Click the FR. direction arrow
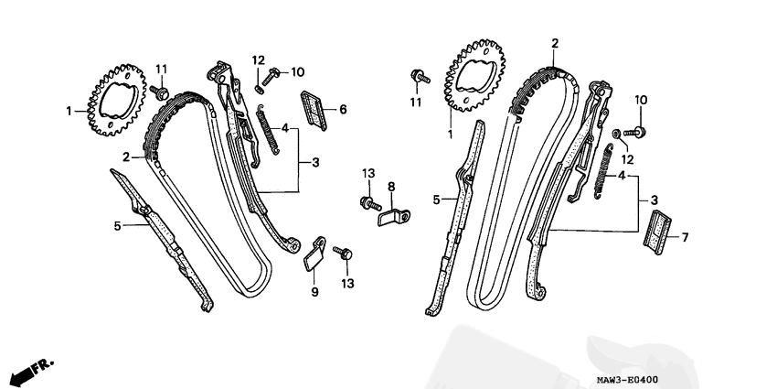(x=32, y=370)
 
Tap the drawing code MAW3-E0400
(x=627, y=380)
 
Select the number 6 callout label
(x=343, y=109)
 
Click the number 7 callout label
(x=685, y=238)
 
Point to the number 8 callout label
(x=391, y=187)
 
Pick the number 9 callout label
(x=314, y=292)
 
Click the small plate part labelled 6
(x=314, y=111)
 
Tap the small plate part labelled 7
(x=657, y=232)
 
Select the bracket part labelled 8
(x=394, y=217)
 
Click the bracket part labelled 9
(x=314, y=254)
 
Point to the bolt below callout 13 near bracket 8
(x=370, y=203)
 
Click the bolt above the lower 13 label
(x=343, y=253)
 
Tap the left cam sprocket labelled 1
(x=117, y=99)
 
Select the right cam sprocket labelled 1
(x=474, y=75)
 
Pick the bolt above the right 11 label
(x=420, y=77)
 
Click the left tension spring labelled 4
(x=268, y=129)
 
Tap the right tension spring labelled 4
(x=602, y=172)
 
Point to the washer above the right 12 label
(x=617, y=133)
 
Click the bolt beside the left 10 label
(x=271, y=77)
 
